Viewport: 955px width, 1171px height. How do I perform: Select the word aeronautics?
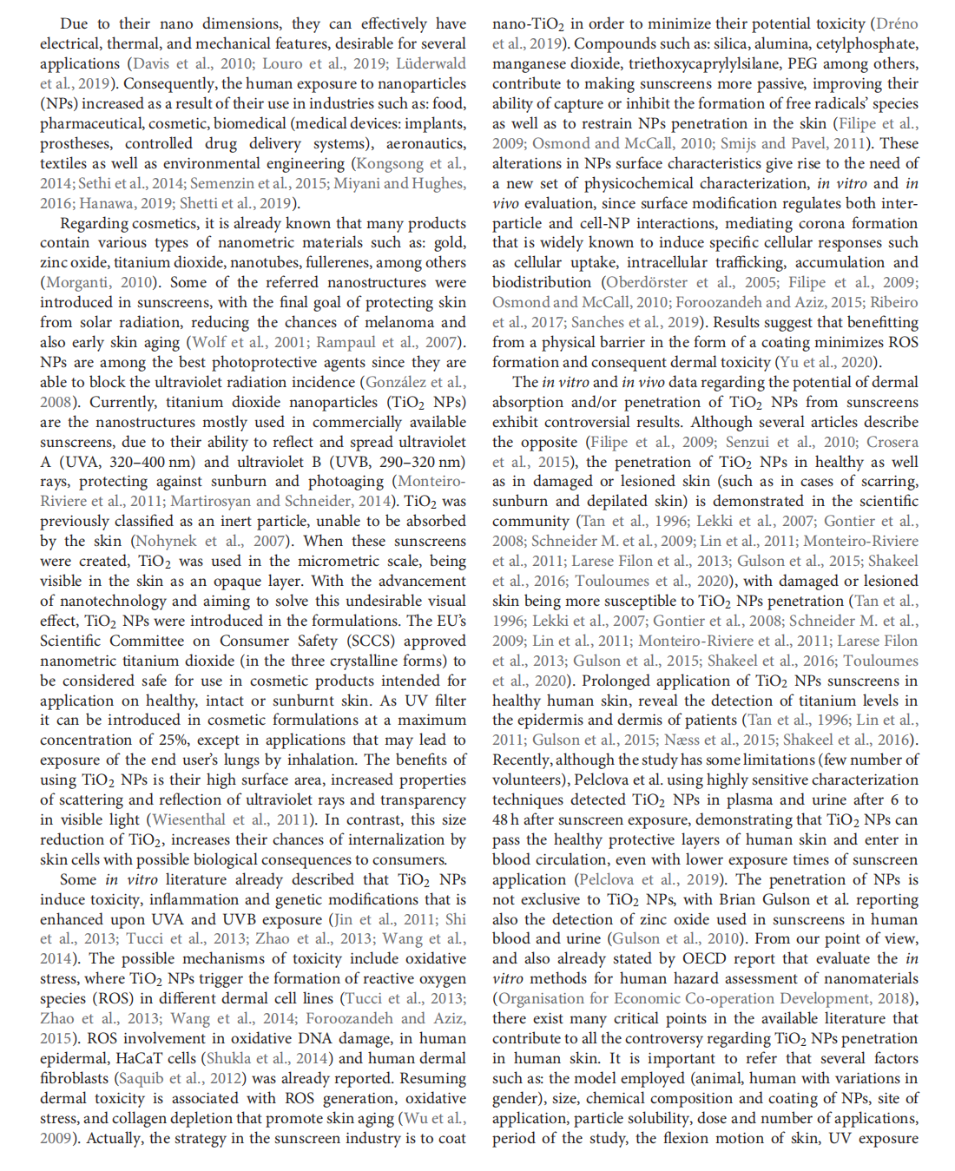point(423,144)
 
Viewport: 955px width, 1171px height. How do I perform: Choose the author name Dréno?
point(896,24)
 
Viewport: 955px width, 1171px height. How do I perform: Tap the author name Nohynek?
point(167,542)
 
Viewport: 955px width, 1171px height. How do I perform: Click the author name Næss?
point(681,740)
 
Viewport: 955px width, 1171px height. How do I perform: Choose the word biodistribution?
point(542,283)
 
